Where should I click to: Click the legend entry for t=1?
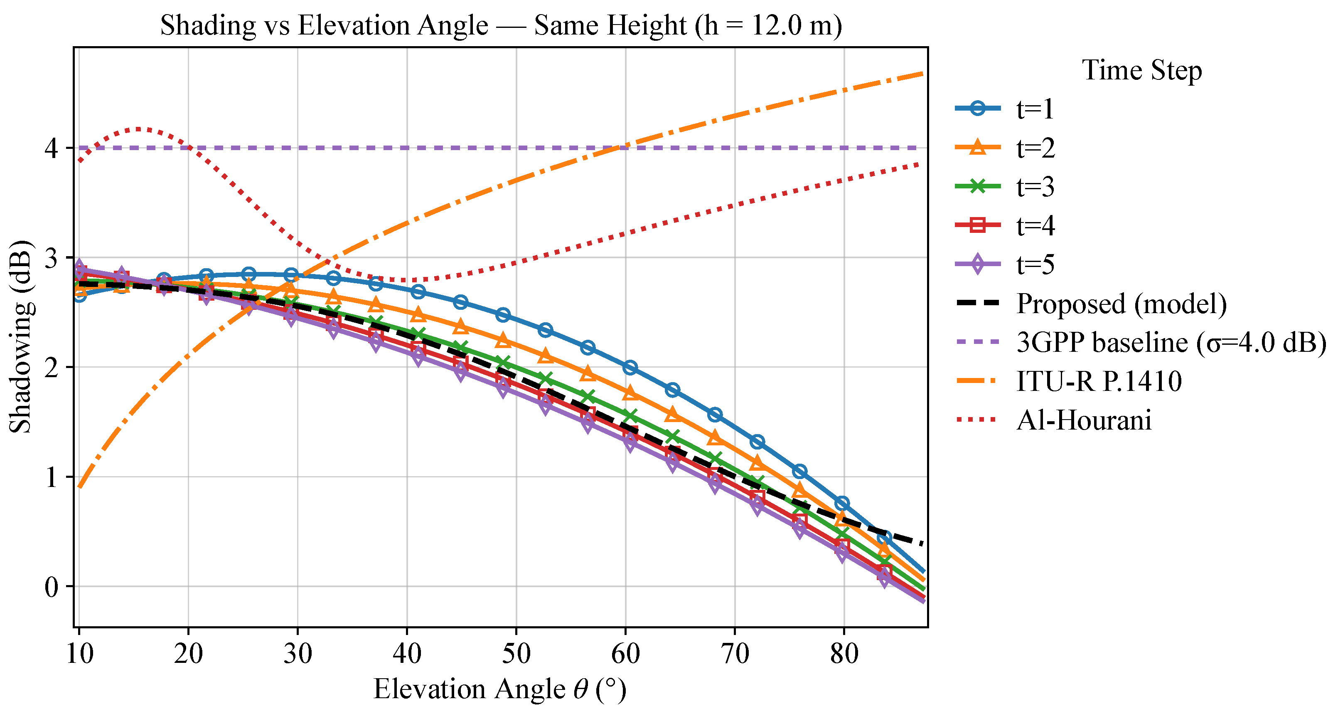pos(1034,109)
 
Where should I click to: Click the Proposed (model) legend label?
pos(1121,304)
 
